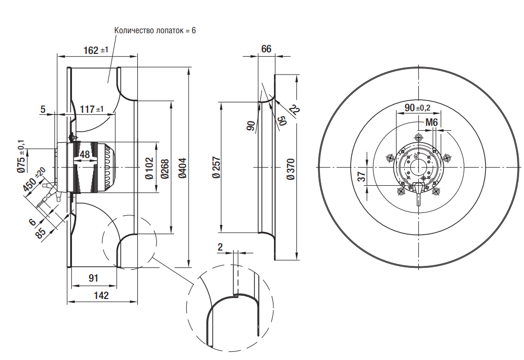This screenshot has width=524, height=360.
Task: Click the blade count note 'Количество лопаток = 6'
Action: (x=155, y=30)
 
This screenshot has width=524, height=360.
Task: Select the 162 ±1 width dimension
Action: (x=96, y=50)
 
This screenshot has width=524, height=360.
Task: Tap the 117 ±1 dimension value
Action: (x=92, y=109)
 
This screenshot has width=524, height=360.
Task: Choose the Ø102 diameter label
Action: (x=148, y=168)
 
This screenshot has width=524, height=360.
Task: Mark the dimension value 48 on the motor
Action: (x=85, y=155)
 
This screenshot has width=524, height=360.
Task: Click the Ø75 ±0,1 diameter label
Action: (x=21, y=157)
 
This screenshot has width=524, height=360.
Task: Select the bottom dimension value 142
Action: (x=101, y=295)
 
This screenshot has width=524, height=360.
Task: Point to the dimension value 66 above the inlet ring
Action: (x=266, y=49)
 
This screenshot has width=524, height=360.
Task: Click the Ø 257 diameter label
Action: (x=216, y=168)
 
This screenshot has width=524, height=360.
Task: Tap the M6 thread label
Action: (x=432, y=123)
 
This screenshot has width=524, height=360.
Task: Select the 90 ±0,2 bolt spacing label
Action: (x=417, y=107)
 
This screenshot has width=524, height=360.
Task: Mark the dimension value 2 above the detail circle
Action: (x=220, y=247)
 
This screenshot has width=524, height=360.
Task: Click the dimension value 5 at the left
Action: (x=43, y=109)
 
